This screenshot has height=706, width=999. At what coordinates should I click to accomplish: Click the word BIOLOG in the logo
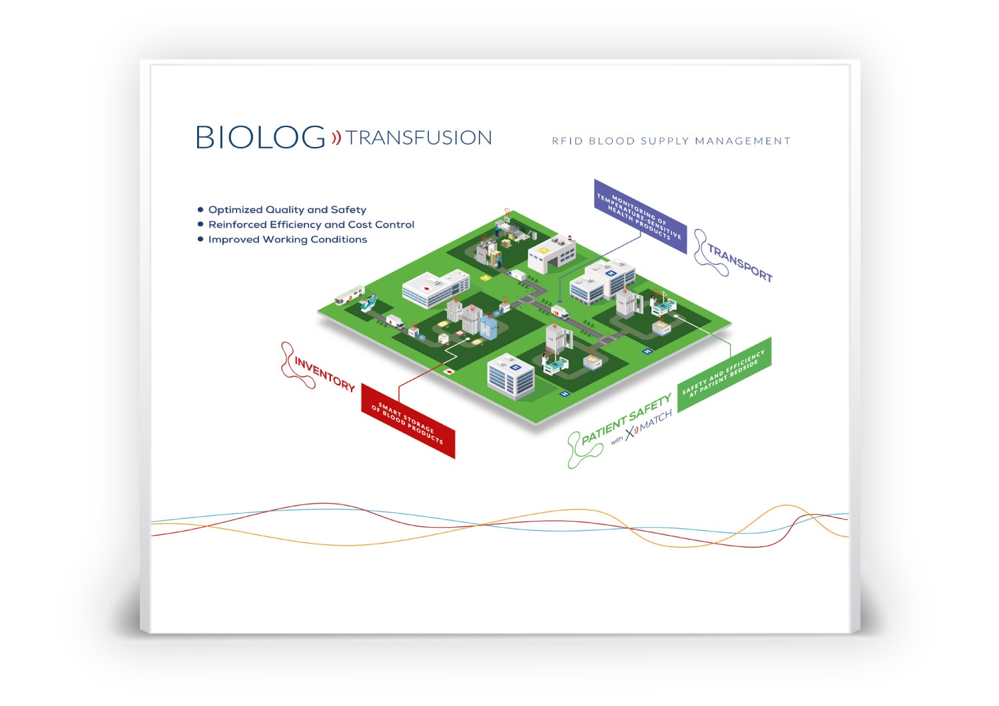pyautogui.click(x=260, y=137)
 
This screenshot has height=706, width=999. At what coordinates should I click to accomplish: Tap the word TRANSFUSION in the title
pyautogui.click(x=419, y=138)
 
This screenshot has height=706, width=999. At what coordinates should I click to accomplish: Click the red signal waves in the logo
pyautogui.click(x=336, y=138)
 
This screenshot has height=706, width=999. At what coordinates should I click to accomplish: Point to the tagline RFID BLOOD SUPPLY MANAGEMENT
pyautogui.click(x=671, y=141)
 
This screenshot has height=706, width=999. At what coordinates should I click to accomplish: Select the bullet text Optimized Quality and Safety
pyautogui.click(x=287, y=210)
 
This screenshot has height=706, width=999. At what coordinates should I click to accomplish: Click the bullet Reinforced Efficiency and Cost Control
pyautogui.click(x=311, y=224)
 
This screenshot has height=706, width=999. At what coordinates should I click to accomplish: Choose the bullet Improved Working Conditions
pyautogui.click(x=288, y=240)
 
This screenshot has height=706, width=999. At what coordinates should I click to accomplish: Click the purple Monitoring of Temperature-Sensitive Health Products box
pyautogui.click(x=640, y=217)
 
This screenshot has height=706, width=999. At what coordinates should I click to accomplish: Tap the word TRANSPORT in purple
pyautogui.click(x=740, y=263)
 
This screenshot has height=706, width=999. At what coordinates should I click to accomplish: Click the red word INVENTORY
pyautogui.click(x=324, y=374)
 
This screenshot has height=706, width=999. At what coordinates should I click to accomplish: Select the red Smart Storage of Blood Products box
pyautogui.click(x=408, y=421)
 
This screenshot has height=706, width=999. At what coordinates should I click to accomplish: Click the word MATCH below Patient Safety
pyautogui.click(x=655, y=422)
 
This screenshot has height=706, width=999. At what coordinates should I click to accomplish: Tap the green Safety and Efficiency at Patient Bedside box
pyautogui.click(x=725, y=375)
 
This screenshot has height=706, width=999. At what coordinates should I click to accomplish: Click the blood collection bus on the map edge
pyautogui.click(x=349, y=295)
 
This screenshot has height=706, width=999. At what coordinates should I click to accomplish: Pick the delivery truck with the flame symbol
pyautogui.click(x=560, y=311)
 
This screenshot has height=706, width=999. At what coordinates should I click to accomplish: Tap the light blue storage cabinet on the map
pyautogui.click(x=488, y=327)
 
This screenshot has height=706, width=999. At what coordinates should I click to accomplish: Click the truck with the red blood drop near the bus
pyautogui.click(x=395, y=322)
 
